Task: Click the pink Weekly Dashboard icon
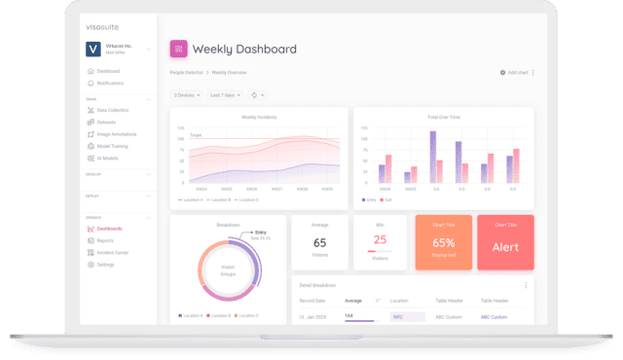click(x=178, y=49)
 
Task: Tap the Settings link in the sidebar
click(x=104, y=264)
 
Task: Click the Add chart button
click(x=515, y=72)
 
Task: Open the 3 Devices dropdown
click(x=186, y=94)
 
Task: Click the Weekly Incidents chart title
click(x=258, y=117)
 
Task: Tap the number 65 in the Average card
click(x=319, y=242)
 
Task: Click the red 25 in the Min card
click(x=381, y=239)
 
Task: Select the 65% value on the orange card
click(x=444, y=242)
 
